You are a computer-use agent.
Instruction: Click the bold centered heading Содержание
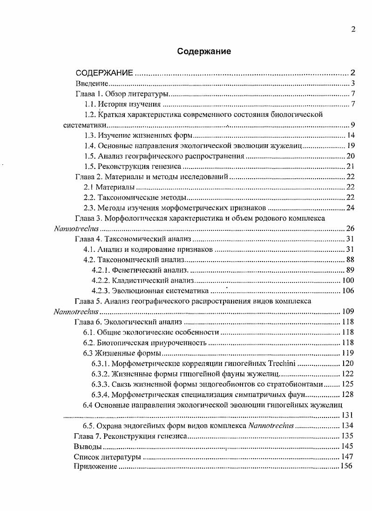pyautogui.click(x=204, y=51)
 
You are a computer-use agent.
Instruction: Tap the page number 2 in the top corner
pyautogui.click(x=353, y=30)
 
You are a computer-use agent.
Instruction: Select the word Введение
pyautogui.click(x=92, y=84)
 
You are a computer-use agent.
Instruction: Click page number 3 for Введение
pyautogui.click(x=353, y=84)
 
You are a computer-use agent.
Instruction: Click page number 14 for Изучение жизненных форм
pyautogui.click(x=351, y=135)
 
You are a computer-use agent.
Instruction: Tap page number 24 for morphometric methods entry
pyautogui.click(x=351, y=208)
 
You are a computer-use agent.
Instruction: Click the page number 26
pyautogui.click(x=351, y=228)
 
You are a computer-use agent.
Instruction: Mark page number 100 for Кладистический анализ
pyautogui.click(x=348, y=281)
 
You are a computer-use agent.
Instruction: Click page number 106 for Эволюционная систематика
pyautogui.click(x=348, y=291)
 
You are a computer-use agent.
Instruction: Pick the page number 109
pyautogui.click(x=348, y=311)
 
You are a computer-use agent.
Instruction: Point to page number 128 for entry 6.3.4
pyautogui.click(x=348, y=394)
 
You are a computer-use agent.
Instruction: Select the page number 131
pyautogui.click(x=348, y=415)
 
